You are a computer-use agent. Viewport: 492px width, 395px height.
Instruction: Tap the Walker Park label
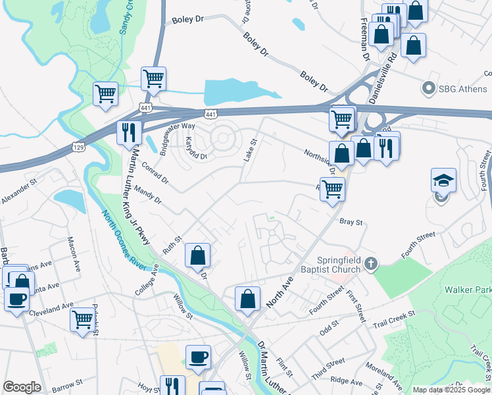[468, 289]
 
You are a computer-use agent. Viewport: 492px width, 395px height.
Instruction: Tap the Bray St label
[351, 223]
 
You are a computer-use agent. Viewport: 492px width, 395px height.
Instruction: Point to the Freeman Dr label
[364, 32]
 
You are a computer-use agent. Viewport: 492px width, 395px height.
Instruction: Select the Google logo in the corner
[22, 387]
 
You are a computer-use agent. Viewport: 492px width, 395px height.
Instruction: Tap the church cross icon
[371, 264]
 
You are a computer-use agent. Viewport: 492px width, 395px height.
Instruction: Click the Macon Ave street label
[73, 249]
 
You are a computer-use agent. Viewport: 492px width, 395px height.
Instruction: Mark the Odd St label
[329, 323]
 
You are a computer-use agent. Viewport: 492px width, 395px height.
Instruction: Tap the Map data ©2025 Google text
[451, 390]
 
